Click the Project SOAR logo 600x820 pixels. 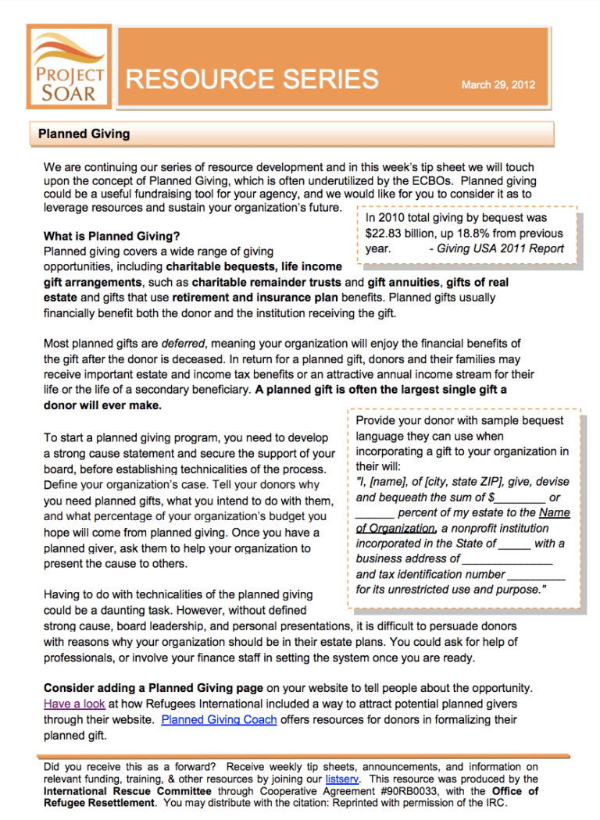pyautogui.click(x=69, y=67)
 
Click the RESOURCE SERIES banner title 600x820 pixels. pyautogui.click(x=252, y=79)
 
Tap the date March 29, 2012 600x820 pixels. pyautogui.click(x=498, y=84)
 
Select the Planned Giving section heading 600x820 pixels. pyautogui.click(x=84, y=134)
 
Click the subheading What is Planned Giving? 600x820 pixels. pyautogui.click(x=111, y=236)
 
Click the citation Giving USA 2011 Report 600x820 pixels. pyautogui.click(x=497, y=249)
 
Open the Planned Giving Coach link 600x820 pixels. pyautogui.click(x=219, y=719)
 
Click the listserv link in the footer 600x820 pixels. pyautogui.click(x=342, y=779)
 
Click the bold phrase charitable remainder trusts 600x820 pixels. pyautogui.click(x=266, y=282)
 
